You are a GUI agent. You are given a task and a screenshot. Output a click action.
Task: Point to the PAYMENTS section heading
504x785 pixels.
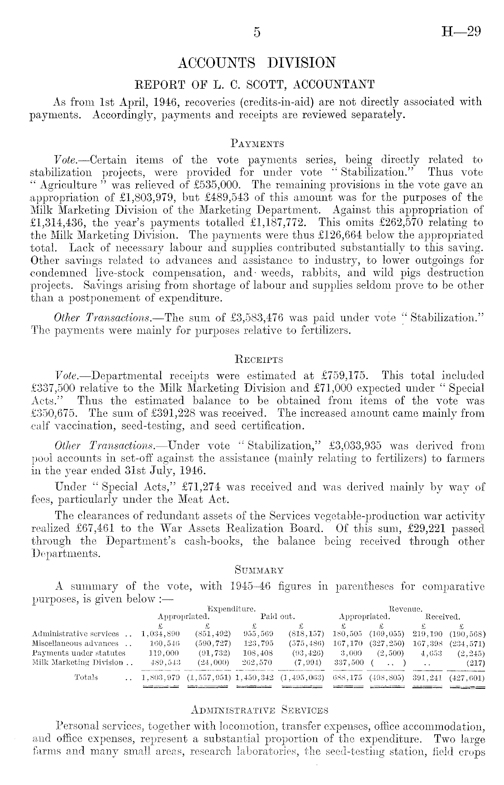tap(257, 144)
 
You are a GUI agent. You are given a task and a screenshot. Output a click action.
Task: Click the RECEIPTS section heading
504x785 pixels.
tap(257, 360)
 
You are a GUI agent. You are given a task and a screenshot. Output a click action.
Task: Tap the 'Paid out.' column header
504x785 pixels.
tap(278, 616)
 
